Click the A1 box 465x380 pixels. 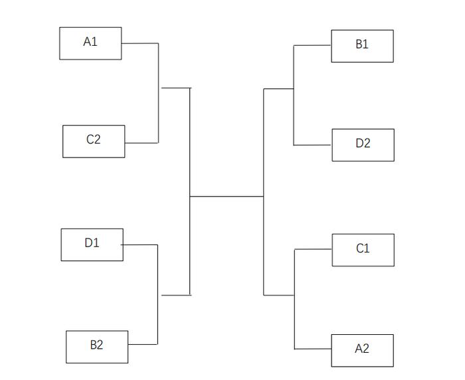(90, 43)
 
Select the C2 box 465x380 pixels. (94, 142)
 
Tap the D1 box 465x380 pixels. (92, 244)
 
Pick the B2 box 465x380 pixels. (97, 347)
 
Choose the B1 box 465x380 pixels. (363, 46)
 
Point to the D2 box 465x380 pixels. (363, 145)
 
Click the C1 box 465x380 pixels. (363, 250)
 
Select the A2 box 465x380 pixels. (363, 351)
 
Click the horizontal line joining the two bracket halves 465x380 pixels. (227, 197)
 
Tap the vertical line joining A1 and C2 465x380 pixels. (158, 93)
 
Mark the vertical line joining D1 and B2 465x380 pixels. (157, 294)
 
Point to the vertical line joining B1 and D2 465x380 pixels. (294, 95)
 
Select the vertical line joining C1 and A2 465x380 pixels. (294, 299)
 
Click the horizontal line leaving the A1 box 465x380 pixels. (140, 43)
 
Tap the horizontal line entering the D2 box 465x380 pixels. (313, 145)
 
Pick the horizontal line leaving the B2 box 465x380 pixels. (143, 344)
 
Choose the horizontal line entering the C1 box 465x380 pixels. (313, 249)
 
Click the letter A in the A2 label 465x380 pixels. (359, 349)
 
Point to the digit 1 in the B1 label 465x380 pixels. (365, 44)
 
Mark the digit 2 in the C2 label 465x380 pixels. (97, 139)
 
